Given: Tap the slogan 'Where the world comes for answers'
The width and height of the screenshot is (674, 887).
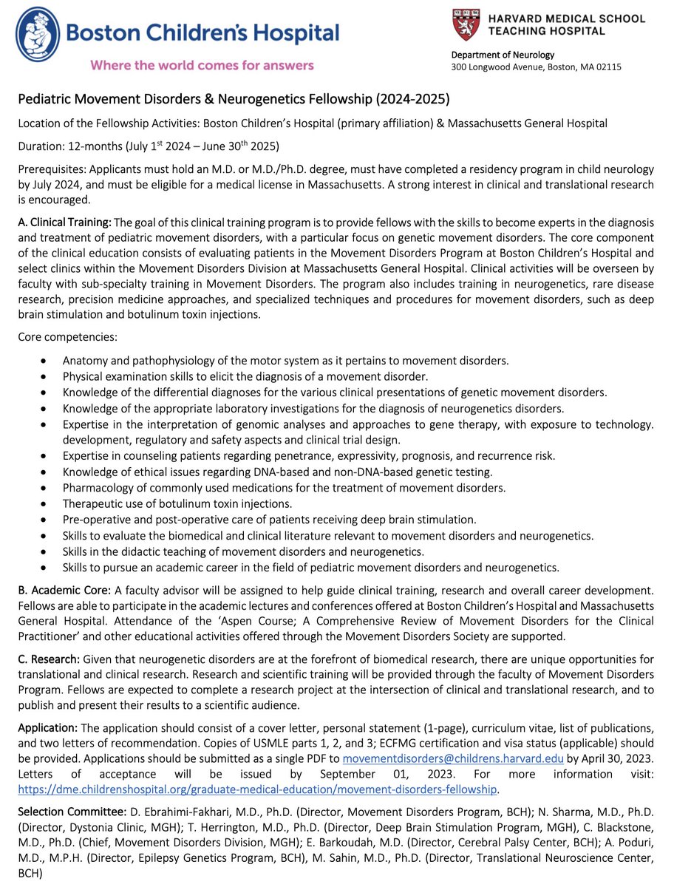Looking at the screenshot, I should [202, 65].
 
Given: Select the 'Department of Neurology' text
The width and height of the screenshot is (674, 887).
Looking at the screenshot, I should [503, 54].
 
